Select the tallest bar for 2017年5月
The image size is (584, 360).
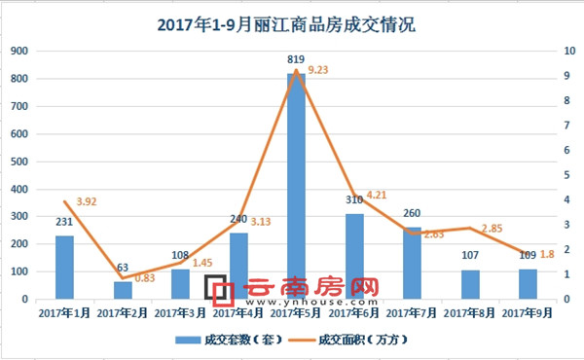(x=297, y=185)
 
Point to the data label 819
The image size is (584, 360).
(x=296, y=61)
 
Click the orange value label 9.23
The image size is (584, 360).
(x=318, y=70)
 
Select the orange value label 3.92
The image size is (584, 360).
(x=88, y=201)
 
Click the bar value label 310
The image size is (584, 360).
(x=354, y=201)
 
